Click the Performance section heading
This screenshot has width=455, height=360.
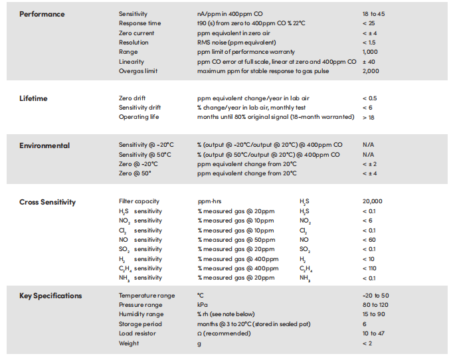click(x=42, y=14)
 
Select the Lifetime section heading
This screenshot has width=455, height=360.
click(x=33, y=98)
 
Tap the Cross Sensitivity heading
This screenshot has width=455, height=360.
click(x=47, y=202)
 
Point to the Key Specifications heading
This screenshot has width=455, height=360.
click(x=50, y=296)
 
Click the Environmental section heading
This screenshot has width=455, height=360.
click(x=45, y=145)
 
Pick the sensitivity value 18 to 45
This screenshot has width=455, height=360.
click(x=373, y=14)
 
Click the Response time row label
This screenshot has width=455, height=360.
click(x=139, y=23)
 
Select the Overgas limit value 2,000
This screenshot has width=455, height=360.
click(x=371, y=71)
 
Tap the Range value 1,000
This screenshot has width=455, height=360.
click(x=370, y=52)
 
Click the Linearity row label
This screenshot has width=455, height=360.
click(x=131, y=62)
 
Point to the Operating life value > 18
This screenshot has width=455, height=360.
click(x=368, y=118)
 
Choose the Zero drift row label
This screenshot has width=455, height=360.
click(x=132, y=98)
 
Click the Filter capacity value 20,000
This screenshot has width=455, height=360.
click(x=372, y=201)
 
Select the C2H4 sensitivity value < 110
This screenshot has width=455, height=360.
click(x=369, y=268)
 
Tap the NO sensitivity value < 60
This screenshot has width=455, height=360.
click(x=369, y=240)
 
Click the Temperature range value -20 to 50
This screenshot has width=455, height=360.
click(x=376, y=296)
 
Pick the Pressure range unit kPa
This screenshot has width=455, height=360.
click(x=202, y=305)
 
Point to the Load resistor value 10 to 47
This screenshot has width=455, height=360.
click(x=373, y=333)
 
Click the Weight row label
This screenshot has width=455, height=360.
click(x=129, y=343)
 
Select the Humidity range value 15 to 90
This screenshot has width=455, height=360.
click(x=373, y=314)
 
